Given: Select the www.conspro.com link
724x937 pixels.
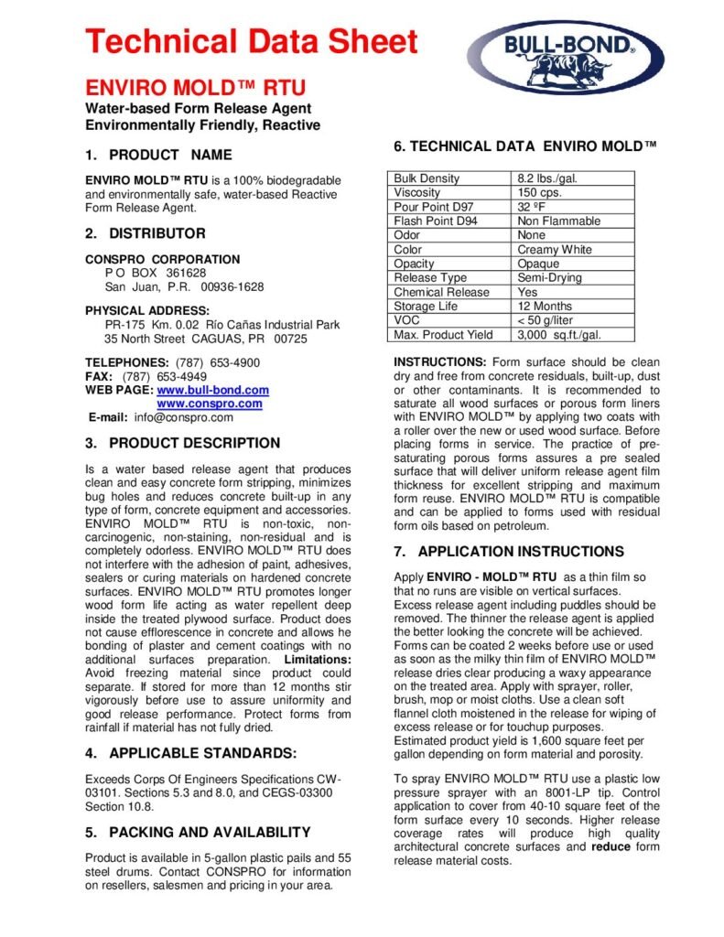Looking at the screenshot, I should (x=210, y=404).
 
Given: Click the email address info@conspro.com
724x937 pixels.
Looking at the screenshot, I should (x=184, y=417).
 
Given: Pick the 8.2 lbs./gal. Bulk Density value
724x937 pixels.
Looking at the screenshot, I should (x=547, y=178).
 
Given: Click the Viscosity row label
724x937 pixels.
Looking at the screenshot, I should (x=416, y=193).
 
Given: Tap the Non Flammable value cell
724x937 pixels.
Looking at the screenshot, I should (x=558, y=221).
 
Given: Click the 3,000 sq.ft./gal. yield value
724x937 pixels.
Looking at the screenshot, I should (x=558, y=335).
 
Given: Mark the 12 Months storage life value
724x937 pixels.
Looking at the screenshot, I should (x=546, y=307).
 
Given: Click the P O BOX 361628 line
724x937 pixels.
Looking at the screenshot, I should (x=155, y=273).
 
